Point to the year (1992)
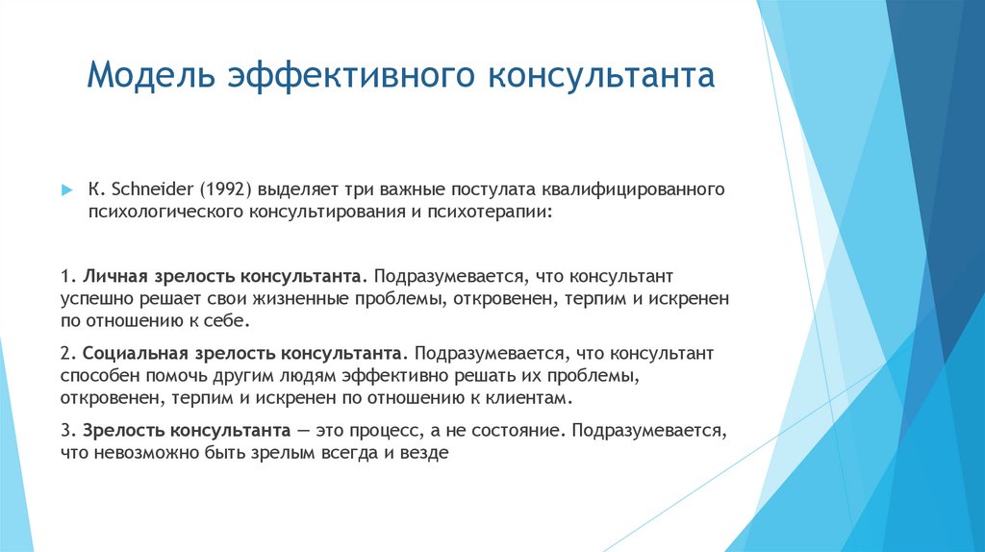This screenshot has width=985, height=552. point(225,188)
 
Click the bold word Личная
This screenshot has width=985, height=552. point(113,277)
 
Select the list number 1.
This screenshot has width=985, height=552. point(64,277)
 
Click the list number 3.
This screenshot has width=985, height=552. point(64,429)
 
